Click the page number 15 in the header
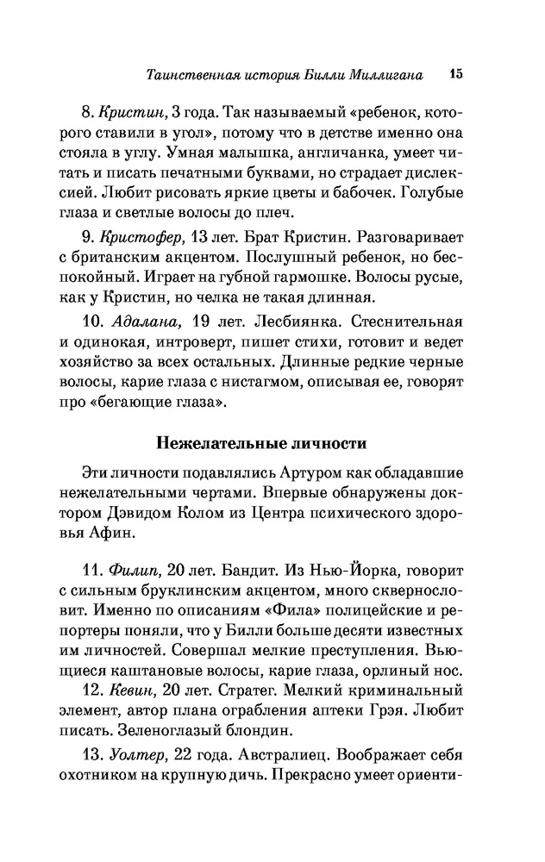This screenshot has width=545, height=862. tap(455, 74)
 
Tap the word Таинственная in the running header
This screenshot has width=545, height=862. tap(191, 76)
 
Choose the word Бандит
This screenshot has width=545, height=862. tap(234, 572)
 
